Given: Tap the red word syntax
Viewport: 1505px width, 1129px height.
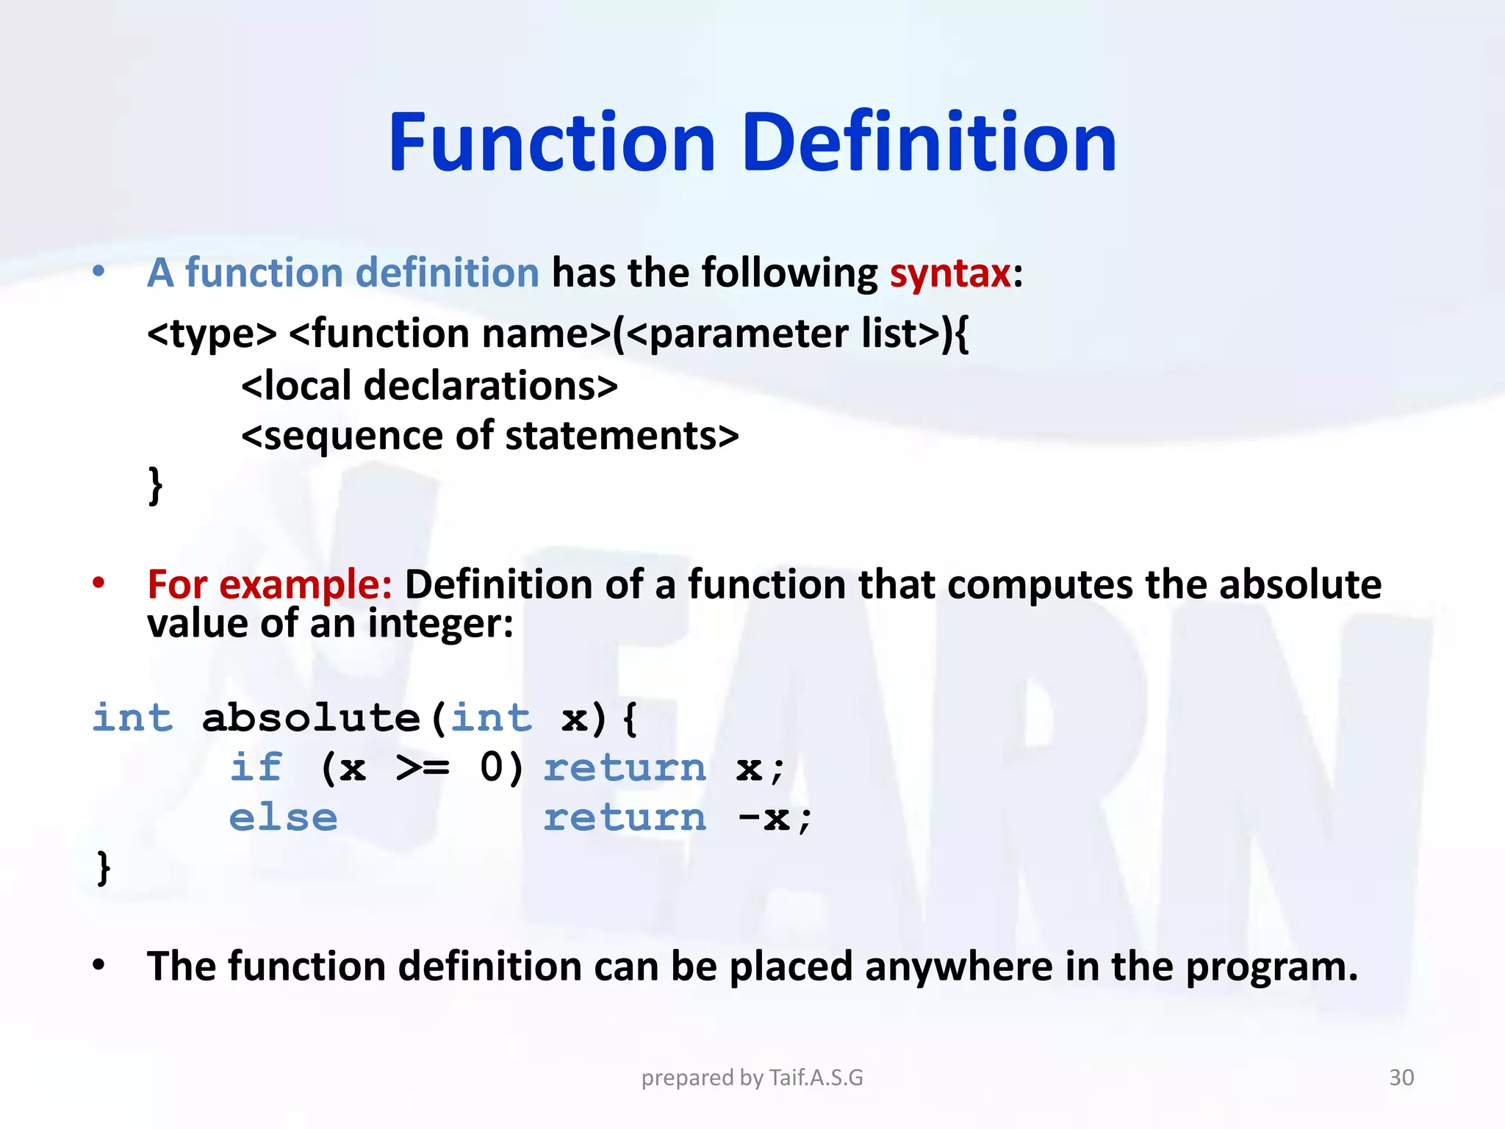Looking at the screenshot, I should tap(950, 273).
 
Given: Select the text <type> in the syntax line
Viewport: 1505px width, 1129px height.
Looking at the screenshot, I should tap(212, 334).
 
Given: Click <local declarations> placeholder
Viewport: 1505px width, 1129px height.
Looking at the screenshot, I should tap(429, 386).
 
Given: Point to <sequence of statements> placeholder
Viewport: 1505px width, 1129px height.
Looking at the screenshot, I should tap(489, 436).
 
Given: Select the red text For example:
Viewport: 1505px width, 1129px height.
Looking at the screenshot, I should tap(269, 585).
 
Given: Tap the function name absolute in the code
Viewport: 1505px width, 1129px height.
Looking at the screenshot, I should tap(310, 718).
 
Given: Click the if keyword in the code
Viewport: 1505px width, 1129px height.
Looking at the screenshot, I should tap(256, 768).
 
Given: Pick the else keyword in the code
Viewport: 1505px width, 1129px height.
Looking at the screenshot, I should tap(283, 818).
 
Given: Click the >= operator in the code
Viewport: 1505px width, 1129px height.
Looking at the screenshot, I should tap(422, 768).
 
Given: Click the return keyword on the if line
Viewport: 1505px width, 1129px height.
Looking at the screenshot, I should tap(625, 768).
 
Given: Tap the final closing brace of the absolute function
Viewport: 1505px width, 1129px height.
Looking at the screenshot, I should tap(104, 868).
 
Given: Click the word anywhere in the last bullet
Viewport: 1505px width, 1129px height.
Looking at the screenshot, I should tap(958, 967).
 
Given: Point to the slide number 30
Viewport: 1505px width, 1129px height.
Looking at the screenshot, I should tap(1401, 1078).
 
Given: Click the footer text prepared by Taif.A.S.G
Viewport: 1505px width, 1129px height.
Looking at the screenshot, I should tap(752, 1078).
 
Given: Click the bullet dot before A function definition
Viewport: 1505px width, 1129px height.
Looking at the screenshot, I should tap(98, 273).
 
